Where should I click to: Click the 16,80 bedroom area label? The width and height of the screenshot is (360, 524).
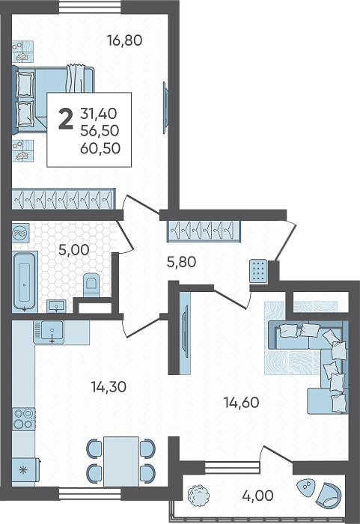[x=125, y=40]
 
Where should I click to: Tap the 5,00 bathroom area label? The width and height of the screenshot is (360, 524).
[x=73, y=249]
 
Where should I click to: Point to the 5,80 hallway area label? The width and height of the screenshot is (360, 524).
[x=181, y=262]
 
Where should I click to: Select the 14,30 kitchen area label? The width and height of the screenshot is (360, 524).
[x=109, y=387]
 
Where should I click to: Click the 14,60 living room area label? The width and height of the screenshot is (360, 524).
[x=241, y=403]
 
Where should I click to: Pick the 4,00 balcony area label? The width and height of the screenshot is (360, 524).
[x=257, y=496]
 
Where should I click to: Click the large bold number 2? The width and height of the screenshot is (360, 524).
[x=66, y=119]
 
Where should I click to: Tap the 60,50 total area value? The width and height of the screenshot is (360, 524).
[x=100, y=148]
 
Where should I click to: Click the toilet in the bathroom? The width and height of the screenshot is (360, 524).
[x=91, y=284]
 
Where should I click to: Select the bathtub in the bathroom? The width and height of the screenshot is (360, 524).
[x=25, y=281]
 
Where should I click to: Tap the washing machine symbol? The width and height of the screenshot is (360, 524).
[x=21, y=233]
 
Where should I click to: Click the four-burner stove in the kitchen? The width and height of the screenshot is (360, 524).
[x=24, y=418]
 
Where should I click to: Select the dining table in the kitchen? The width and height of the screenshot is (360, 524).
[x=121, y=462]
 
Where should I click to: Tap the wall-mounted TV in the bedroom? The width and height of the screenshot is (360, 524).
[x=165, y=108]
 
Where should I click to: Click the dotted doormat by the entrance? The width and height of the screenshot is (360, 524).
[x=258, y=271]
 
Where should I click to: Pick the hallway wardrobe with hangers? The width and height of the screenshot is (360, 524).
[x=204, y=231]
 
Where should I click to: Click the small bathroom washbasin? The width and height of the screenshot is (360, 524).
[x=56, y=305]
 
